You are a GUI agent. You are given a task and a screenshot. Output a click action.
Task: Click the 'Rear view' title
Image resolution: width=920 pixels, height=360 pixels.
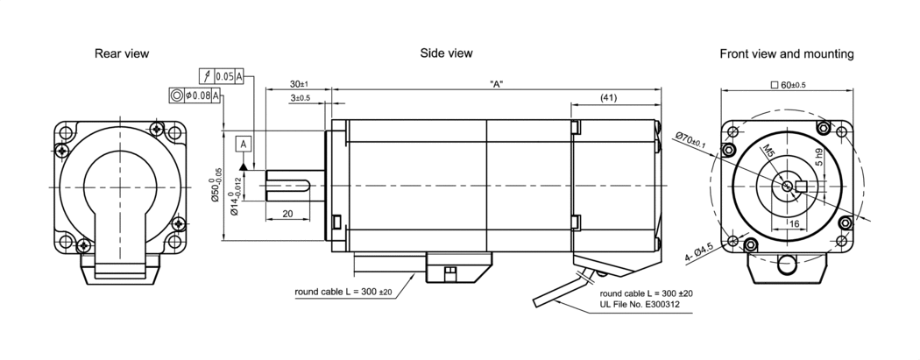click(x=122, y=54)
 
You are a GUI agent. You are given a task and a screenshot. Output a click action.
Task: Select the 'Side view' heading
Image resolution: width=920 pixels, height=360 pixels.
click(x=446, y=53)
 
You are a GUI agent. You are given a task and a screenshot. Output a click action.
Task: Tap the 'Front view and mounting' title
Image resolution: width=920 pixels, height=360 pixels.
click(x=786, y=54)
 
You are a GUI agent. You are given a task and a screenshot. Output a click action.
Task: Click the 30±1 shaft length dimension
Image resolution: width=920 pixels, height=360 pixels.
click(x=298, y=84)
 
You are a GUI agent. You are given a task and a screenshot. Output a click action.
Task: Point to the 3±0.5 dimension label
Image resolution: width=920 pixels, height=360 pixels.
click(x=300, y=98)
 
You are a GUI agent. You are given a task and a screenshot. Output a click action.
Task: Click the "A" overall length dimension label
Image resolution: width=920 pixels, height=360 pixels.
click(x=496, y=84)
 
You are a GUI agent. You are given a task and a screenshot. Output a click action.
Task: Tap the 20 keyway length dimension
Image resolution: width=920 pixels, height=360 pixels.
click(x=287, y=214)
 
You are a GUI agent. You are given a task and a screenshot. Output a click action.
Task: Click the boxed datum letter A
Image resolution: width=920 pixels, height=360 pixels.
click(x=243, y=143)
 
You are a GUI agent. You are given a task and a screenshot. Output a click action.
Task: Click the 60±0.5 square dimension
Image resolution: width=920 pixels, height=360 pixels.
click(x=786, y=85)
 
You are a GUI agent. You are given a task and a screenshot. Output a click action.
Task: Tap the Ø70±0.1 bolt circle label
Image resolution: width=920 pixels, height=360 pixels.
click(x=693, y=139)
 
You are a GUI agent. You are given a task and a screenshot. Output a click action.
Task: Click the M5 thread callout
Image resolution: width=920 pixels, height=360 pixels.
click(x=768, y=155)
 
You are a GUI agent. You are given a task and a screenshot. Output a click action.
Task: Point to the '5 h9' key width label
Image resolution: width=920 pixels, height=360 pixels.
click(x=818, y=158)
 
